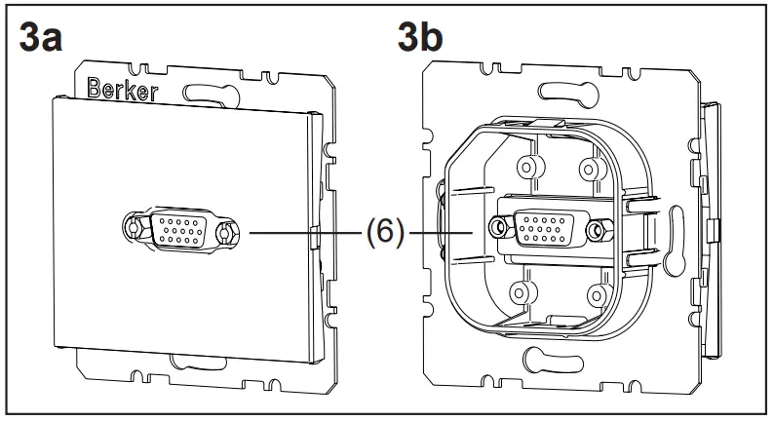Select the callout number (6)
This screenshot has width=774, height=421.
[386, 234]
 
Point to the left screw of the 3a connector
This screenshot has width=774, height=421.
[133, 231]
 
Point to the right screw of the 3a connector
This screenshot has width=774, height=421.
[226, 233]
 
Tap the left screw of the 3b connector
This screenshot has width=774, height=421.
[500, 228]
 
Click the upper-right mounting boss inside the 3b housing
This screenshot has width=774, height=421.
[588, 169]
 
